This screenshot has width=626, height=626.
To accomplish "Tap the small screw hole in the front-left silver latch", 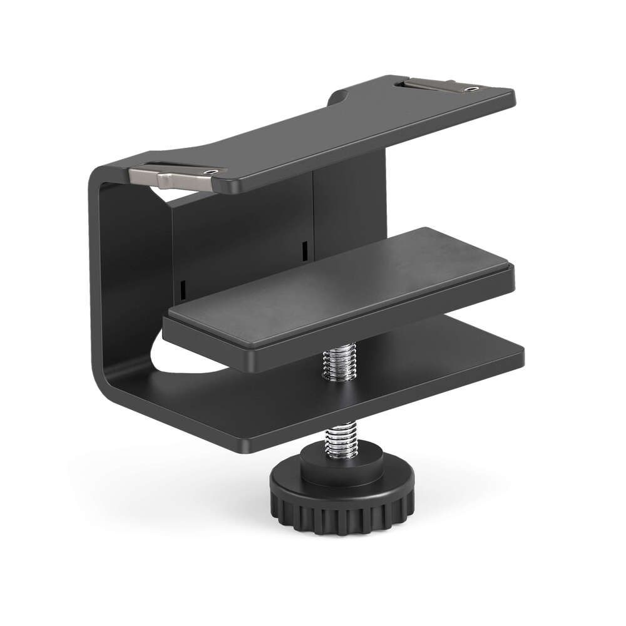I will (215, 170).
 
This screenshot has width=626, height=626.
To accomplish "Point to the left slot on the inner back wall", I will (183, 289).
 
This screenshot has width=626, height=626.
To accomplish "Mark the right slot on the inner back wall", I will (303, 250).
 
